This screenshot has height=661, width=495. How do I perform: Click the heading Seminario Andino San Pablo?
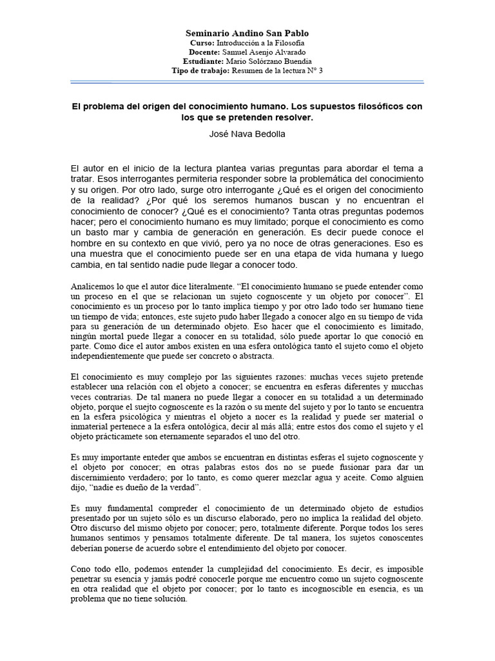point(247,33)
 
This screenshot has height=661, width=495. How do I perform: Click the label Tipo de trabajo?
point(200,70)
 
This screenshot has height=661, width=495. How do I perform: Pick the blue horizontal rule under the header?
point(247,83)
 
